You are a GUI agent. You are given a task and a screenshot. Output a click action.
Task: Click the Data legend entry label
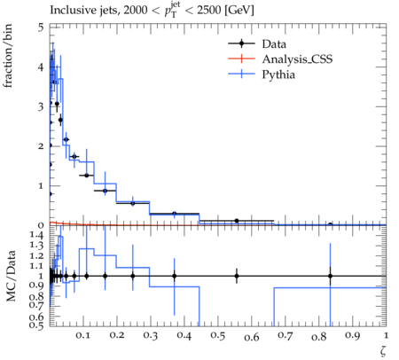pyautogui.click(x=274, y=44)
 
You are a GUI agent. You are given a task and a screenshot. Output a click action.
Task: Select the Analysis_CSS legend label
pyautogui.click(x=297, y=59)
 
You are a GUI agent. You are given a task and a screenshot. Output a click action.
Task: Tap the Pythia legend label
pyautogui.click(x=278, y=74)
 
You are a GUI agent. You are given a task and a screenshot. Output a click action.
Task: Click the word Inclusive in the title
pyautogui.click(x=69, y=10)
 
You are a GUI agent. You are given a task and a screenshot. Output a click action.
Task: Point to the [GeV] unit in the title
pyautogui.click(x=239, y=10)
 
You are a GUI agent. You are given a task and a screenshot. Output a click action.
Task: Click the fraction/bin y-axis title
pyautogui.click(x=8, y=56)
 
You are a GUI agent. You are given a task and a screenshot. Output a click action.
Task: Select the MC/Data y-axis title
pyautogui.click(x=11, y=276)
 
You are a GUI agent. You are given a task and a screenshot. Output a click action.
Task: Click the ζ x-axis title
pyautogui.click(x=383, y=350)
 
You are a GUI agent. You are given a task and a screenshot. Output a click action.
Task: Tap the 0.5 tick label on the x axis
pyautogui.click(x=218, y=336)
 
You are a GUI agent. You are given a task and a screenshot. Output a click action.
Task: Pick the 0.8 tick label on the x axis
pyautogui.click(x=319, y=337)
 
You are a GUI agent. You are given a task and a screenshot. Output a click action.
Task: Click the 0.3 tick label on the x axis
pyautogui.click(x=151, y=335)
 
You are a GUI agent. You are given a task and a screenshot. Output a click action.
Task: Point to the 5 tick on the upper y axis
pyautogui.click(x=41, y=27)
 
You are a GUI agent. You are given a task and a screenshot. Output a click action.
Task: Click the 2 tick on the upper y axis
pyautogui.click(x=41, y=146)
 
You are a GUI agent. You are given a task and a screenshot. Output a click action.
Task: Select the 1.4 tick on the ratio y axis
pyautogui.click(x=36, y=236)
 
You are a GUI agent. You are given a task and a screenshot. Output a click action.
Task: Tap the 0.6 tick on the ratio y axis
pyautogui.click(x=36, y=317)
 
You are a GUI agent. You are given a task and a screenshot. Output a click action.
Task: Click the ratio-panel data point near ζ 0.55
pyautogui.click(x=237, y=276)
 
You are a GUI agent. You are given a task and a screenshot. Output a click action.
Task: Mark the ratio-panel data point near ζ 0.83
pyautogui.click(x=330, y=276)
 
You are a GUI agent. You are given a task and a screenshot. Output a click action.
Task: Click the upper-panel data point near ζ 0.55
pyautogui.click(x=237, y=221)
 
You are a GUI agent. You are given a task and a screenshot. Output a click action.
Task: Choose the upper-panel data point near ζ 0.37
pyautogui.click(x=175, y=214)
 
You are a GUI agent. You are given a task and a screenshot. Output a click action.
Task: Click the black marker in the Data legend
pyautogui.click(x=241, y=43)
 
